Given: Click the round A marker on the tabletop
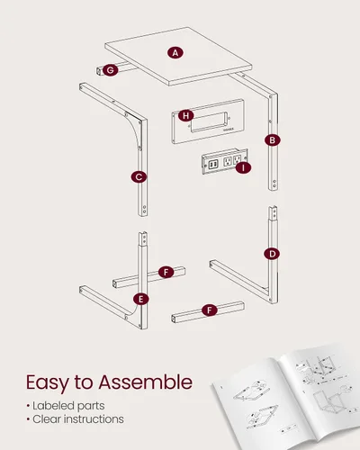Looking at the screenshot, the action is click(175, 53).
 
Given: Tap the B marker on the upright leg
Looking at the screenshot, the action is click(273, 140).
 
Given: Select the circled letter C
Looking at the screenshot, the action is click(139, 177).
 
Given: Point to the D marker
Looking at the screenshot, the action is click(272, 254).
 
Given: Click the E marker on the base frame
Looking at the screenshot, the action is click(141, 299).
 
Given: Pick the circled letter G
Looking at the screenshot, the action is click(111, 70).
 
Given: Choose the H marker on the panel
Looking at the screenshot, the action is click(186, 115).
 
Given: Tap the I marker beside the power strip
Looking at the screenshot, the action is click(243, 168).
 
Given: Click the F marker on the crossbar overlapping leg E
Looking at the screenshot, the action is click(166, 273).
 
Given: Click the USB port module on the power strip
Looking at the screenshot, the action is click(213, 165).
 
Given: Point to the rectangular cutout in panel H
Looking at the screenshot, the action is click(210, 121).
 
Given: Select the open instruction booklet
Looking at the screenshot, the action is click(286, 399).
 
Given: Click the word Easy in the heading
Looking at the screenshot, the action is click(48, 383).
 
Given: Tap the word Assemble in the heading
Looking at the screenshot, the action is click(146, 382).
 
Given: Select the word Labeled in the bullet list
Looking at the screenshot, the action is click(49, 406).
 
